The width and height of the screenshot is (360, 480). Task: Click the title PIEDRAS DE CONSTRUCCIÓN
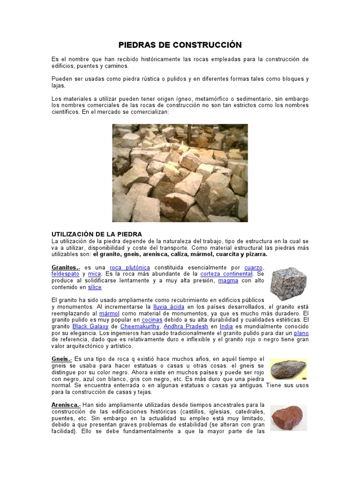(x=180, y=45)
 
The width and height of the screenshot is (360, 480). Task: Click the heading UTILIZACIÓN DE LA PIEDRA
(x=97, y=234)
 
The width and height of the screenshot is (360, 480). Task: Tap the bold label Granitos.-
(x=66, y=267)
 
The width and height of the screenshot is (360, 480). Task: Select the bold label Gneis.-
(x=61, y=359)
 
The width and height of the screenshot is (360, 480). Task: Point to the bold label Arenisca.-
(x=66, y=405)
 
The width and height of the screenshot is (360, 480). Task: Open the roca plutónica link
(x=130, y=267)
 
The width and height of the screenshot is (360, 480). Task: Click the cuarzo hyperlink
(x=254, y=267)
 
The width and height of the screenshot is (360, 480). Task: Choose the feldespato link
(x=65, y=274)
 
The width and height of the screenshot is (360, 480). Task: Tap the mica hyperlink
(x=94, y=274)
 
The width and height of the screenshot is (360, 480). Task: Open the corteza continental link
(x=226, y=274)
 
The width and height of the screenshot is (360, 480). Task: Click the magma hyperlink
(x=228, y=280)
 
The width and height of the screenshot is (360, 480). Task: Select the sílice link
(x=95, y=287)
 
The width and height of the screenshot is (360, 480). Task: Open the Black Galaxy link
(x=90, y=326)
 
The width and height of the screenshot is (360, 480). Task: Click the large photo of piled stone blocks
(x=180, y=173)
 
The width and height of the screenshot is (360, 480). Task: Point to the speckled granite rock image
(x=288, y=284)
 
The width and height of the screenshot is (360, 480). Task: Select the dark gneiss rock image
(x=288, y=369)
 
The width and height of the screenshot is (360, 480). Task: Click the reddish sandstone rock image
(x=288, y=418)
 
